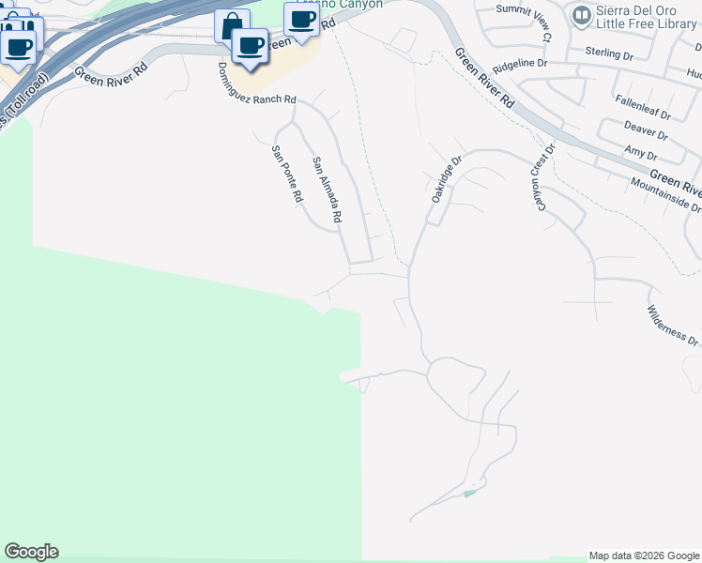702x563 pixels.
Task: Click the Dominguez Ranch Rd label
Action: click(x=256, y=86)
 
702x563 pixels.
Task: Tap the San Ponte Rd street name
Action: click(x=287, y=175)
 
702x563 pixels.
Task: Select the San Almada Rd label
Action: click(x=327, y=190)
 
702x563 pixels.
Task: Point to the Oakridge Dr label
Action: click(x=448, y=180)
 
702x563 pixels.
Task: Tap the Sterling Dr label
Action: click(x=609, y=54)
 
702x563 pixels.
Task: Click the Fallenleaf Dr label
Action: click(x=643, y=104)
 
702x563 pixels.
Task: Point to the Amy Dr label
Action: click(x=641, y=152)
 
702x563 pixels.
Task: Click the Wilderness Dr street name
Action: click(x=674, y=326)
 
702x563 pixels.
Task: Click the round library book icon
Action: click(x=581, y=15)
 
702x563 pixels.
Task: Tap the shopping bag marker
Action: click(x=231, y=25)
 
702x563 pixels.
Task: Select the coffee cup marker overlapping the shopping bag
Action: click(x=250, y=45)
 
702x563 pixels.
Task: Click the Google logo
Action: click(x=31, y=552)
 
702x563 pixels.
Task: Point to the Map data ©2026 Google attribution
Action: click(x=644, y=555)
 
